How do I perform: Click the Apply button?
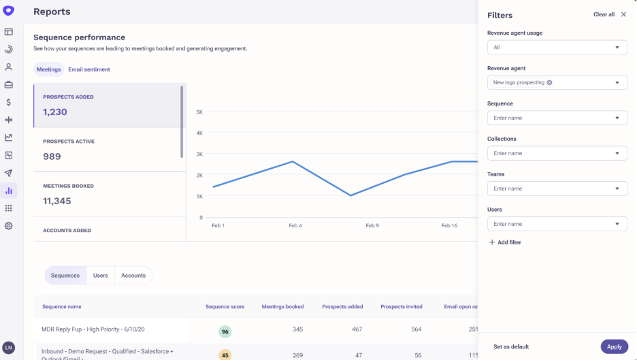(615, 346)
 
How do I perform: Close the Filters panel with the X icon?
(623, 14)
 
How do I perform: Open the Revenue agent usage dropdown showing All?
(557, 47)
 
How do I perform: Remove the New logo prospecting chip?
(549, 82)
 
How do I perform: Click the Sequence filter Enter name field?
(557, 118)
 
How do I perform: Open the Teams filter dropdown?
(557, 189)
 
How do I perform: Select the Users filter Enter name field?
(557, 224)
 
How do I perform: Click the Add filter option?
(505, 242)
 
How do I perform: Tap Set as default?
(511, 346)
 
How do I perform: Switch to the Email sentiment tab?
(89, 69)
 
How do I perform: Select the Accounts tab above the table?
(133, 276)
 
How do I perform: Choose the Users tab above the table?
(100, 276)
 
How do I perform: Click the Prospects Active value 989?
(52, 157)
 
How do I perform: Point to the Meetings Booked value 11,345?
(57, 201)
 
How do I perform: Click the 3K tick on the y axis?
(199, 154)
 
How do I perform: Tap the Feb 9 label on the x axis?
(372, 225)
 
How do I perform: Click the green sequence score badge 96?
(225, 331)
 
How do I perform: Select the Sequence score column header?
(225, 307)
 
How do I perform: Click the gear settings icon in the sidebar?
(9, 226)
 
